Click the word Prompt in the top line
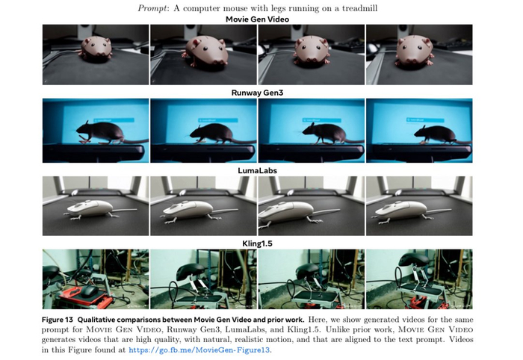(x=152, y=8)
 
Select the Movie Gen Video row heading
(x=257, y=19)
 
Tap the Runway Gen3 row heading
(x=257, y=93)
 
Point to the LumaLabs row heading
(x=257, y=171)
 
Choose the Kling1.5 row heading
(x=257, y=243)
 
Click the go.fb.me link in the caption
(x=199, y=350)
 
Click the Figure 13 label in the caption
(x=57, y=320)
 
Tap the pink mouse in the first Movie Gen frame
(x=96, y=49)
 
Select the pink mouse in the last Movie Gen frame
(x=415, y=51)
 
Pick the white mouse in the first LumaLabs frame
(x=90, y=208)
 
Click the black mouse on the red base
(x=89, y=292)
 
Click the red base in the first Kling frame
(x=86, y=298)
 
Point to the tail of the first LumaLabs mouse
(x=125, y=210)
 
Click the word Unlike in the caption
(x=337, y=329)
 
